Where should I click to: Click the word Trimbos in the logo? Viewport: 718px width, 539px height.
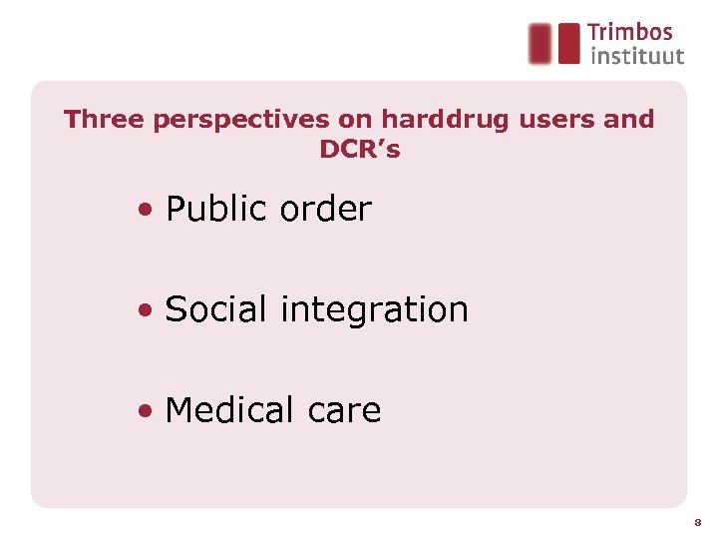629,33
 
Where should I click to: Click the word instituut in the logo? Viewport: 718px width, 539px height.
637,56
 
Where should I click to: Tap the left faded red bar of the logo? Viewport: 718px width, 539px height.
539,43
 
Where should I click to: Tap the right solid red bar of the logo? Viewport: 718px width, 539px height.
568,43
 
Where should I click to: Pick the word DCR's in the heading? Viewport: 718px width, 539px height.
359,151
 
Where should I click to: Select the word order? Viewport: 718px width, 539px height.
326,210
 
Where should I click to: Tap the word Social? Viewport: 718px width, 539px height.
216,309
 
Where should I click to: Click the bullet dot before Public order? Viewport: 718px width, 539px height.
147,211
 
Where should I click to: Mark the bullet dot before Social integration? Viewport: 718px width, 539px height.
147,310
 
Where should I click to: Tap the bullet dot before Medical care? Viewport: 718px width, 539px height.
147,411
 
